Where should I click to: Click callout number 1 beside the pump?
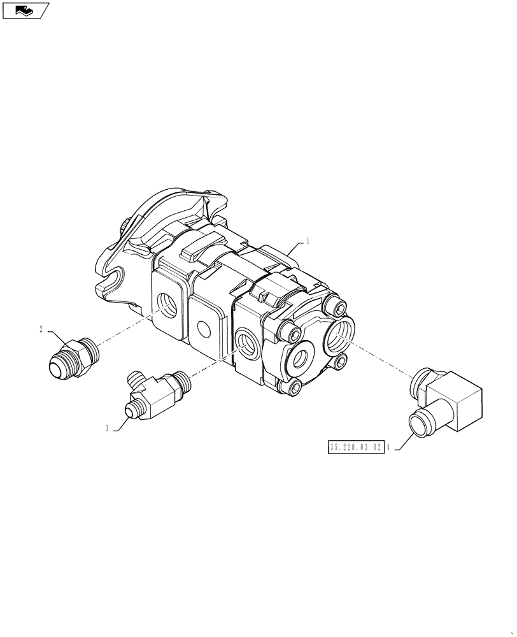tap(308, 241)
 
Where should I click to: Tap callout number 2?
tap(41, 329)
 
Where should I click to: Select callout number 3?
tap(108, 429)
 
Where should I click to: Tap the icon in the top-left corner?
tap(25, 10)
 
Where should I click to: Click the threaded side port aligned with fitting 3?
tap(245, 341)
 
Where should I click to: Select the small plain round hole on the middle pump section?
tap(204, 329)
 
